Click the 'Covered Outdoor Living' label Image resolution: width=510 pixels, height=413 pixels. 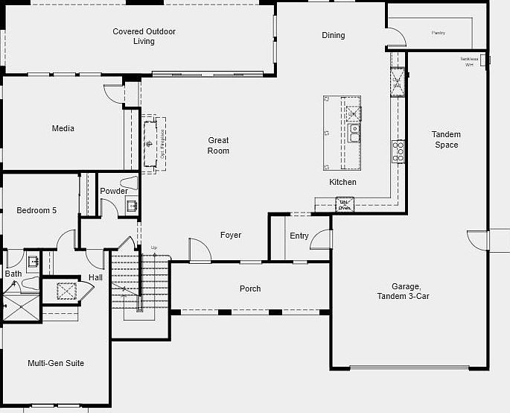(144, 37)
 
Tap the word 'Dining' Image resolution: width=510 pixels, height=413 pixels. (333, 35)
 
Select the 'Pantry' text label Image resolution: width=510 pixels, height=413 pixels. (439, 33)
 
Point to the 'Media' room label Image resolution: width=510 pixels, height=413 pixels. (63, 128)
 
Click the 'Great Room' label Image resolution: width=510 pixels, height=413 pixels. (218, 145)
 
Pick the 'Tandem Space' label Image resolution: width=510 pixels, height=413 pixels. (446, 139)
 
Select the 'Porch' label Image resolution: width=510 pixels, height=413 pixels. (250, 289)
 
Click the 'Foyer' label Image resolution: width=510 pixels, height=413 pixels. (231, 235)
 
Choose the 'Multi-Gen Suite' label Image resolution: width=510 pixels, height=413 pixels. (56, 363)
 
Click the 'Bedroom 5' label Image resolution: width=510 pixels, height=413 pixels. (36, 210)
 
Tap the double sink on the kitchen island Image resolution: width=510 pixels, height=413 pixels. (354, 133)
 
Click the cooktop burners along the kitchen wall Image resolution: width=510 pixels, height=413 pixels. (399, 151)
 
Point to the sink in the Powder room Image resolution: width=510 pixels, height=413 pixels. (131, 206)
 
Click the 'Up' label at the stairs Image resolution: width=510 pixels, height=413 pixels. (154, 248)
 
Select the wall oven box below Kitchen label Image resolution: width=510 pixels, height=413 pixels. (345, 203)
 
